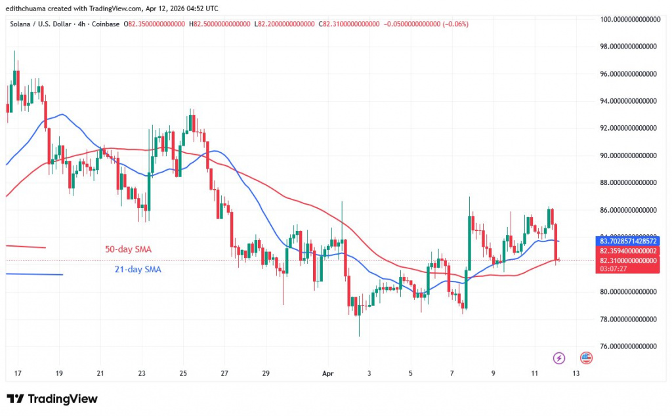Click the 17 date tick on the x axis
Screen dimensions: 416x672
coord(18,373)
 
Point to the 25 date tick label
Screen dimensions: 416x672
coord(183,373)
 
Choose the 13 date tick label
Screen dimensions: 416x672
coord(576,373)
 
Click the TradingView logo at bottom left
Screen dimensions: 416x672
coord(52,399)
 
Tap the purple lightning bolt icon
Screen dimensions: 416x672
coord(558,358)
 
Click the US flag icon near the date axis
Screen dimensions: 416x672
coord(586,358)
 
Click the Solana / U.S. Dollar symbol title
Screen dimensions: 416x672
coord(43,24)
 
